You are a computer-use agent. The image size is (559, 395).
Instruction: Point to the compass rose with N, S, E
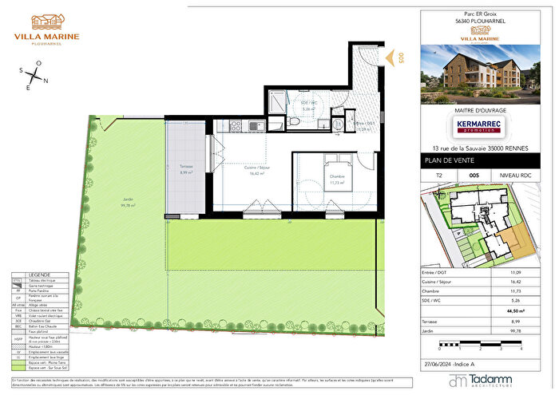coord(33,77)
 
